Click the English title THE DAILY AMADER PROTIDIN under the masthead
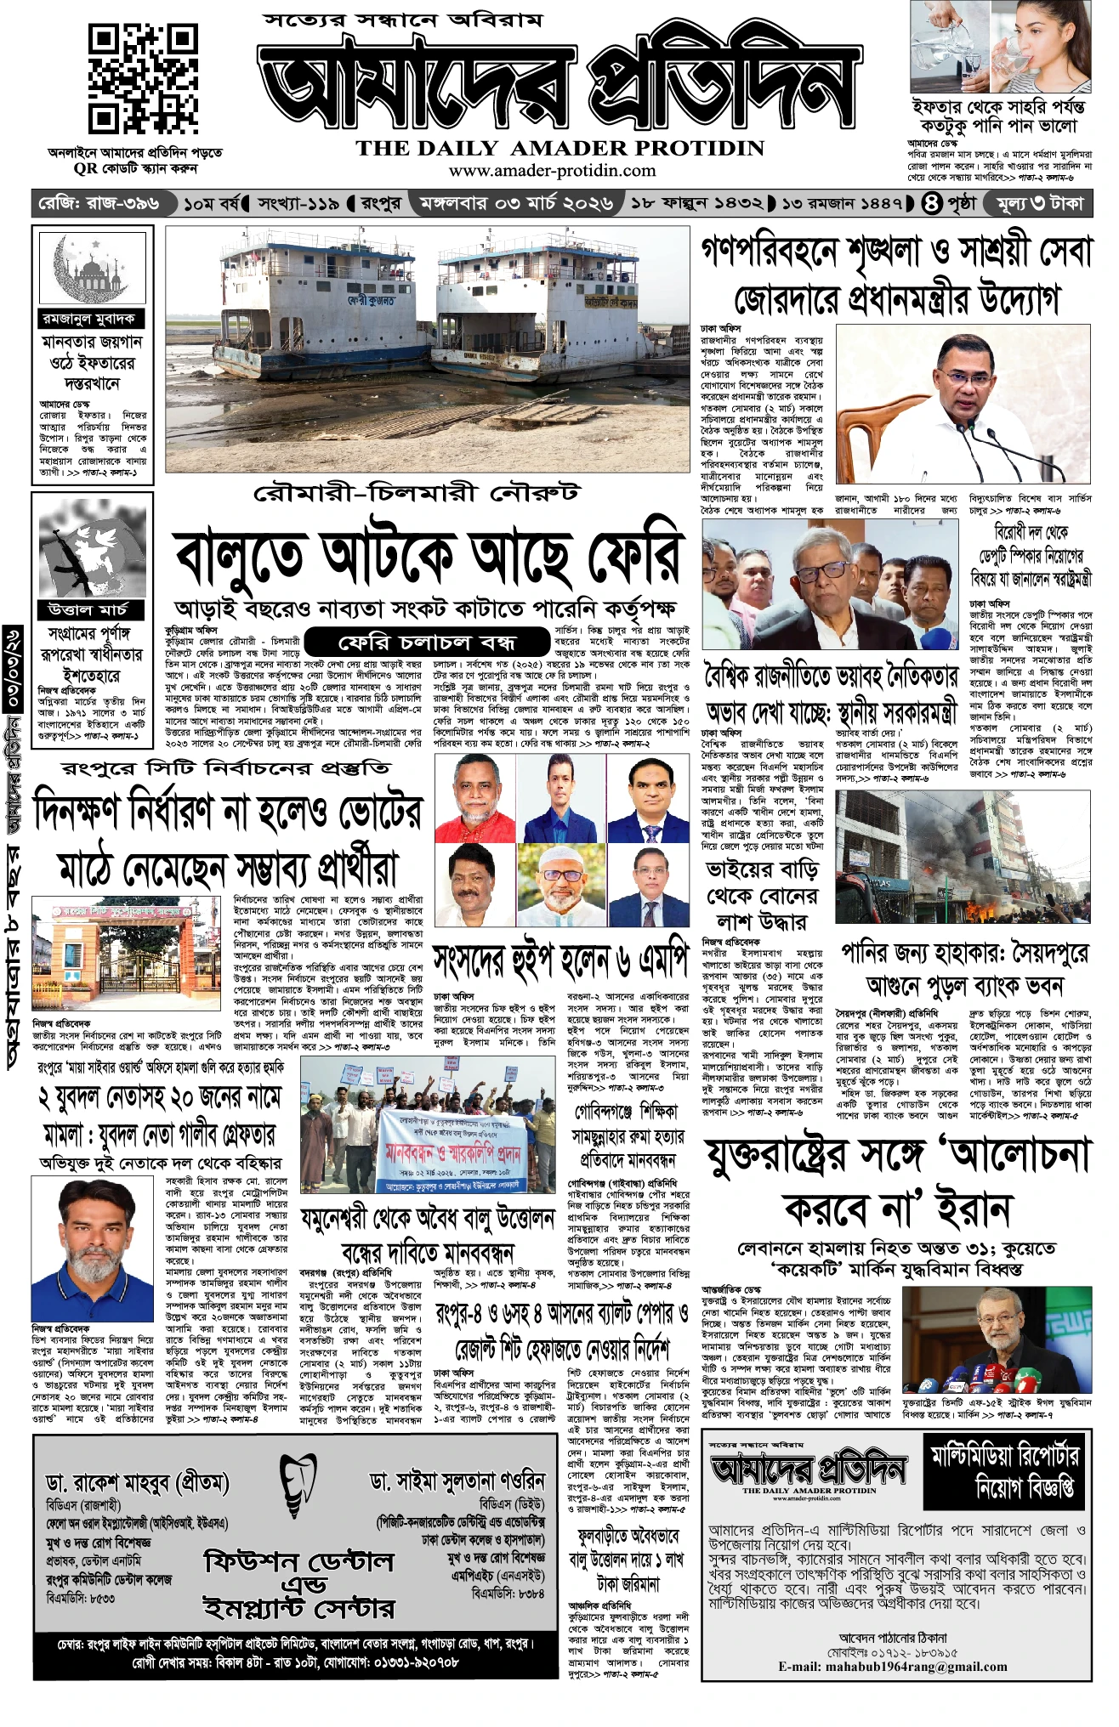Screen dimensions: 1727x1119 coord(560,148)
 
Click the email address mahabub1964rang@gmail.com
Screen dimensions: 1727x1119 coord(893,1667)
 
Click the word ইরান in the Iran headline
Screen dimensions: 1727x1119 coord(971,1209)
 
